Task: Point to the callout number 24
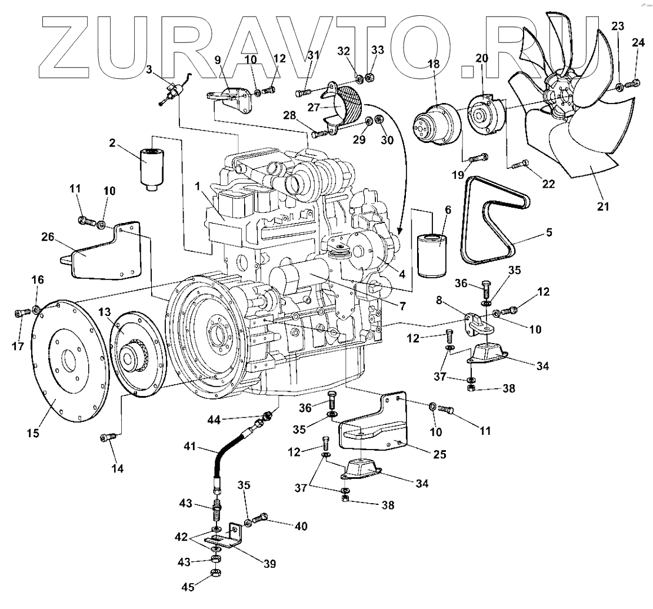click(638, 42)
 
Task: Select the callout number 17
click(17, 347)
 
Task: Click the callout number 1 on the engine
click(199, 185)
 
